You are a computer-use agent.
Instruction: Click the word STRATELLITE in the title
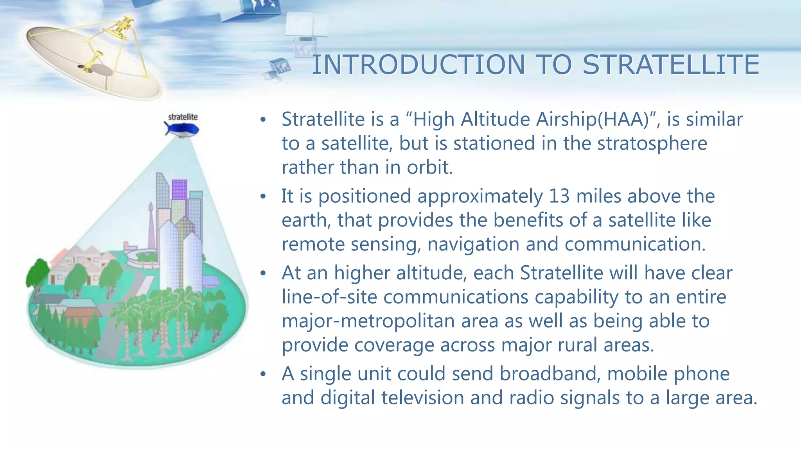(671, 65)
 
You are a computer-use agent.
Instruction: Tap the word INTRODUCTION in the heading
(419, 65)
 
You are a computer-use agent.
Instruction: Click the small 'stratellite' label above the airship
(183, 117)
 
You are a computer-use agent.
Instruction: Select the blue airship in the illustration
(182, 129)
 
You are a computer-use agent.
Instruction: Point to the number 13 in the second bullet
(559, 196)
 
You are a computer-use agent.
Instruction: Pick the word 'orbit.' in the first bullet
(429, 168)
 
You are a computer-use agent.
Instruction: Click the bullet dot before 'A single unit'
(263, 374)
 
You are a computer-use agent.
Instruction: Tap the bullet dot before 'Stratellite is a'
(263, 120)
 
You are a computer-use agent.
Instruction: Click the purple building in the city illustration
(179, 189)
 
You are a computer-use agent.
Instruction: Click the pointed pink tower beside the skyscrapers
(151, 227)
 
